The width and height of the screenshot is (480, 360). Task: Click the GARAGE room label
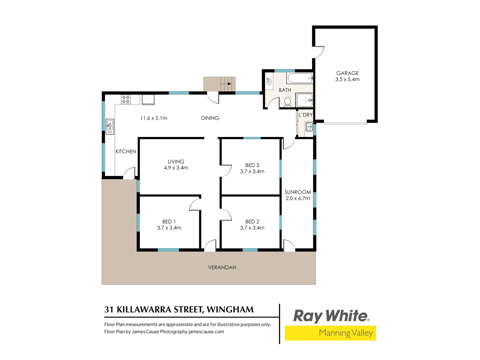[x=347, y=73]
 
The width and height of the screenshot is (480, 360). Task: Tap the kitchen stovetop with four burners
[x=126, y=99]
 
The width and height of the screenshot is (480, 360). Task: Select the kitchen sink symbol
[x=110, y=126]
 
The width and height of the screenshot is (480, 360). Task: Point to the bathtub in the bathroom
[x=300, y=78]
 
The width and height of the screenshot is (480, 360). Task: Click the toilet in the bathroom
[x=288, y=102]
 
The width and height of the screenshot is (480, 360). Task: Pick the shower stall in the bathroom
[x=304, y=100]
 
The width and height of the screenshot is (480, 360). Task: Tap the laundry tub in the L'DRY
[x=309, y=127]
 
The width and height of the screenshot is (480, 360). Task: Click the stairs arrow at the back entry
[x=228, y=83]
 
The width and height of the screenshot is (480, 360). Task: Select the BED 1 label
[x=169, y=222]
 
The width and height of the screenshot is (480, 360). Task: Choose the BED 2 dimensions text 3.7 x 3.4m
[x=252, y=228]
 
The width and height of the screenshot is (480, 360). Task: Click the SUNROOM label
[x=298, y=192]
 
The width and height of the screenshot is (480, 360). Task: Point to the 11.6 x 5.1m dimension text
[x=154, y=118]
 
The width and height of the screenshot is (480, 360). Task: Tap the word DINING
[x=210, y=118]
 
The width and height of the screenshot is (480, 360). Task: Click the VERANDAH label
[x=222, y=267]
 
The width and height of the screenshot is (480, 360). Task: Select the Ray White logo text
[x=331, y=316]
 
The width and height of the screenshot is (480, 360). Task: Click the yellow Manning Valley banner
[x=330, y=333]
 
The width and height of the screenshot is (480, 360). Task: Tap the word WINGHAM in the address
[x=230, y=310]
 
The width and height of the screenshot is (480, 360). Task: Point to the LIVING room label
[x=176, y=162]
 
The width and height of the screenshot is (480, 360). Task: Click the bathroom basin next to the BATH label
[x=269, y=81]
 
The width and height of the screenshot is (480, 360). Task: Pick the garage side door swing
[x=319, y=52]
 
